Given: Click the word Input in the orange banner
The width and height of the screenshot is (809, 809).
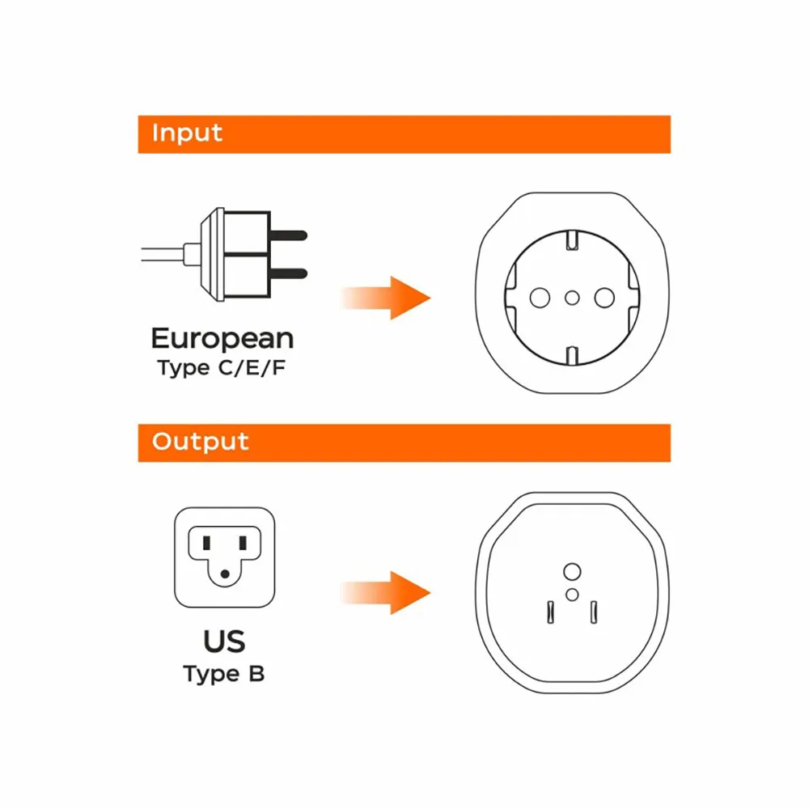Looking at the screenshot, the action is [187, 133].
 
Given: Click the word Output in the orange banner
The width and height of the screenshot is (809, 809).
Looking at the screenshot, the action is [200, 442].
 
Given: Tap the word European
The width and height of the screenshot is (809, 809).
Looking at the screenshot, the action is [222, 339].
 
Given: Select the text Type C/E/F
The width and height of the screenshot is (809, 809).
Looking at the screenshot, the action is [222, 368].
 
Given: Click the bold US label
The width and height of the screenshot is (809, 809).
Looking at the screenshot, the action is [224, 642].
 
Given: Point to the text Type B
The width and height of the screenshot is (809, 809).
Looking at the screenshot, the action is [224, 675].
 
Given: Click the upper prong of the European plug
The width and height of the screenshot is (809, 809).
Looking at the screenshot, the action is [289, 235].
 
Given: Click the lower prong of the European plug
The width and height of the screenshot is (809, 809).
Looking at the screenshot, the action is [289, 274].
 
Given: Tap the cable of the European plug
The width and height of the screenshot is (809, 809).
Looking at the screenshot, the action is [163, 254].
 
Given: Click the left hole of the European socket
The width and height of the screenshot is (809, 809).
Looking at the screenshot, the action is [540, 298].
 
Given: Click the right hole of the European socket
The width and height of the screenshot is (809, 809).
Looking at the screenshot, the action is [604, 298].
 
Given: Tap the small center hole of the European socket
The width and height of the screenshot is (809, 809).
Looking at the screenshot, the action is [572, 298].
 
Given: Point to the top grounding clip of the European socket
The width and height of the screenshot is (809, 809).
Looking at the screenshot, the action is [572, 240].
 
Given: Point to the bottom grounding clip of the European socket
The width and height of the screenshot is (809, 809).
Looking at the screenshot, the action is [572, 355].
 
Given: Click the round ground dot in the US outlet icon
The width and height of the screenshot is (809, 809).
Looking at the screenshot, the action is [225, 574].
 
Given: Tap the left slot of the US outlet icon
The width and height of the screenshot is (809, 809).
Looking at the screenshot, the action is [206, 543].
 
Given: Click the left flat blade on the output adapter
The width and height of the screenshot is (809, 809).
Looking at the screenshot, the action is [550, 612].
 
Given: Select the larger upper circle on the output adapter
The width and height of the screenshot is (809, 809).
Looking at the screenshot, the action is [572, 572].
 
